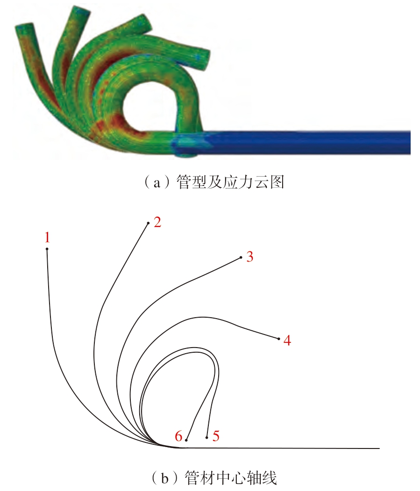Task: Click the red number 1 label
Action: pos(47,237)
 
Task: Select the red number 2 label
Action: pos(157,222)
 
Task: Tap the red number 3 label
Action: pos(249,257)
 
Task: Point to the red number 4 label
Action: pos(287,340)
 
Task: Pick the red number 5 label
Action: pos(216,436)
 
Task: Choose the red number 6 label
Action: pos(178,436)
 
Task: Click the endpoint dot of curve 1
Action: pos(47,249)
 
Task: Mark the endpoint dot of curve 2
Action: pos(148,223)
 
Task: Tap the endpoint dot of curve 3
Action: pos(241,257)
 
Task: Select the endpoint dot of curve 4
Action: pos(278,339)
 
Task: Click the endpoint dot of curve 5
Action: pos(206,437)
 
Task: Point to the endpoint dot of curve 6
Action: pos(186,440)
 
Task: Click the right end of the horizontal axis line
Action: pos(379,448)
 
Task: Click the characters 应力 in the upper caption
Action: pos(238,182)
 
